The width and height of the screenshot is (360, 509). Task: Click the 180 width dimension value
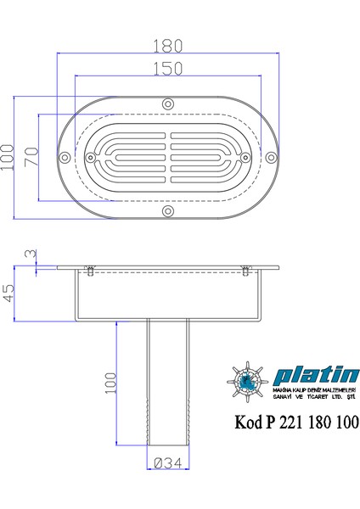[x=168, y=43]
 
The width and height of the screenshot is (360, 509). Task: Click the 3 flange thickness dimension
[x=30, y=255]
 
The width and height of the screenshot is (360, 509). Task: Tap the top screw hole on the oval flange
[x=168, y=103]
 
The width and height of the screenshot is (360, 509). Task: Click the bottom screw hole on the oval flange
[x=168, y=209]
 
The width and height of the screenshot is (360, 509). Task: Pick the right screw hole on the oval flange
[x=269, y=156]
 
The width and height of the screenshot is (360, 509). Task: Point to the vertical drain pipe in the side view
[x=166, y=390]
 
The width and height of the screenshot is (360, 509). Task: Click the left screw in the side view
[x=90, y=271]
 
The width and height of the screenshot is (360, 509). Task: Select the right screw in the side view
[x=245, y=271]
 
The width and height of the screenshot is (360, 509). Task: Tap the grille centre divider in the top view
[x=168, y=156]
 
